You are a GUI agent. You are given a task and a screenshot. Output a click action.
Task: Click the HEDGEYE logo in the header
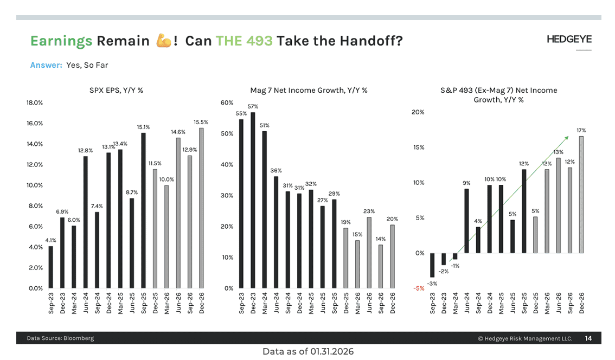coord(569,39)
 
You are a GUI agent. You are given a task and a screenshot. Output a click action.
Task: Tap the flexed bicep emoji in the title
coord(163,41)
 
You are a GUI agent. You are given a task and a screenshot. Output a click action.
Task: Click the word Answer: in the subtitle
coord(46,65)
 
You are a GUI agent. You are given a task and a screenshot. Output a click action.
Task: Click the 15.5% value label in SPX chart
coord(201,123)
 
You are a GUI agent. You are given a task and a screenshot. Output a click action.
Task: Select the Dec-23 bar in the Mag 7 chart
coord(253,200)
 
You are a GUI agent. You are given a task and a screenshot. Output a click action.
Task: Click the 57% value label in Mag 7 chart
coord(253,106)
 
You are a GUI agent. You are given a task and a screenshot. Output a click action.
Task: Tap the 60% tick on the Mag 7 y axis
coord(227,102)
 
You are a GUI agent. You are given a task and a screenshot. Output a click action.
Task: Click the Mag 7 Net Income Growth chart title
coord(309,90)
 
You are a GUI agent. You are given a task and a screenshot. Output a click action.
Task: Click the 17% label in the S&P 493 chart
coord(581,131)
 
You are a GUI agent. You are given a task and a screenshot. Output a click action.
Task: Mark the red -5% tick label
coord(419,288)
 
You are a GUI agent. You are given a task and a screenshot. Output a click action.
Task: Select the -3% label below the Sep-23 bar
coord(432,284)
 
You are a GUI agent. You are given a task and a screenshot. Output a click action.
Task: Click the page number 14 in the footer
coord(588,338)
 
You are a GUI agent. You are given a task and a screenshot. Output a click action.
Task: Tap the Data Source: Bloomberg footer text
coord(60,338)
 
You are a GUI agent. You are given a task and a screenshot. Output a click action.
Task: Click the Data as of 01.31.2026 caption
coord(308,352)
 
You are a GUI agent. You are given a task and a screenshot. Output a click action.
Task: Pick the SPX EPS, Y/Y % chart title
coord(116,90)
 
